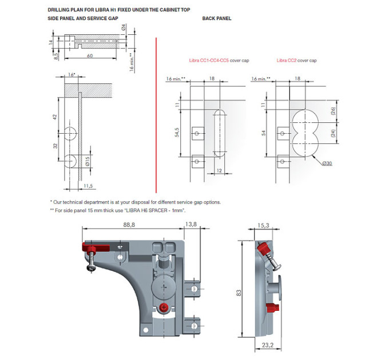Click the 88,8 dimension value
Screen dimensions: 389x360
(x=129, y=225)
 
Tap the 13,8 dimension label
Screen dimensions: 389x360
(x=191, y=224)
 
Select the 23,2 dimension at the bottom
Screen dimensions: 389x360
(x=268, y=345)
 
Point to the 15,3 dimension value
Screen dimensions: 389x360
(x=263, y=226)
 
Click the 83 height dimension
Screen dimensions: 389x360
(x=239, y=293)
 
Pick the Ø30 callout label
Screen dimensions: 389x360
(x=327, y=163)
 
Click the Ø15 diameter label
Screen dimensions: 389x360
(x=88, y=161)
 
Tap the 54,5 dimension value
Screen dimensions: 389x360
(x=177, y=133)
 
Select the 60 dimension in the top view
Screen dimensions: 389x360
(x=90, y=56)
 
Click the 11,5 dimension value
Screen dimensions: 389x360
(x=88, y=186)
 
